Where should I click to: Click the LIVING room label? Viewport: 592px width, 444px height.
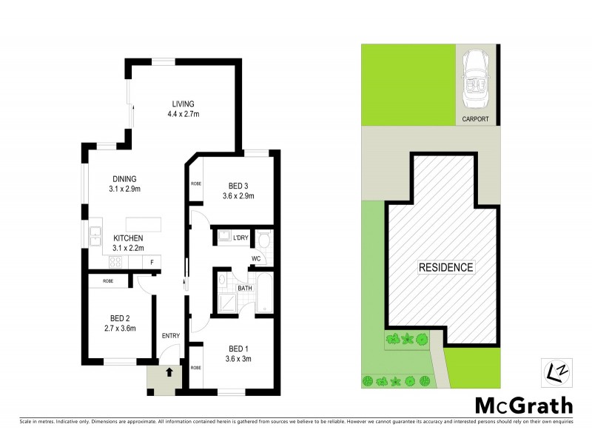[x=184, y=104]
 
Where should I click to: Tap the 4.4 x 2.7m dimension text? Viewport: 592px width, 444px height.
[x=184, y=114]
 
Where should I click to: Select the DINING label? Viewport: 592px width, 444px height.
[x=124, y=178]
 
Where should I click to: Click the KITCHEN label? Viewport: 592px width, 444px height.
[x=127, y=238]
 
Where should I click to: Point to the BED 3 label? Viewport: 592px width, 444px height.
[x=238, y=186]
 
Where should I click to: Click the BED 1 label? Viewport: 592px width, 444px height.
[x=238, y=349]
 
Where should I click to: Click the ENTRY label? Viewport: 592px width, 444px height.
[x=171, y=336]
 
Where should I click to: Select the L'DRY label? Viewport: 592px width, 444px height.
[x=240, y=238]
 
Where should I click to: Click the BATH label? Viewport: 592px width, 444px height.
[x=245, y=287]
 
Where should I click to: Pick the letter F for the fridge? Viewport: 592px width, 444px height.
[x=152, y=262]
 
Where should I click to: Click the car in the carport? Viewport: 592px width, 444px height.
[x=474, y=80]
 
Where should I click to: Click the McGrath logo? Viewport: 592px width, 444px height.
[x=522, y=405]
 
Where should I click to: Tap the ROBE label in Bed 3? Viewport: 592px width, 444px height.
[x=197, y=184]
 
